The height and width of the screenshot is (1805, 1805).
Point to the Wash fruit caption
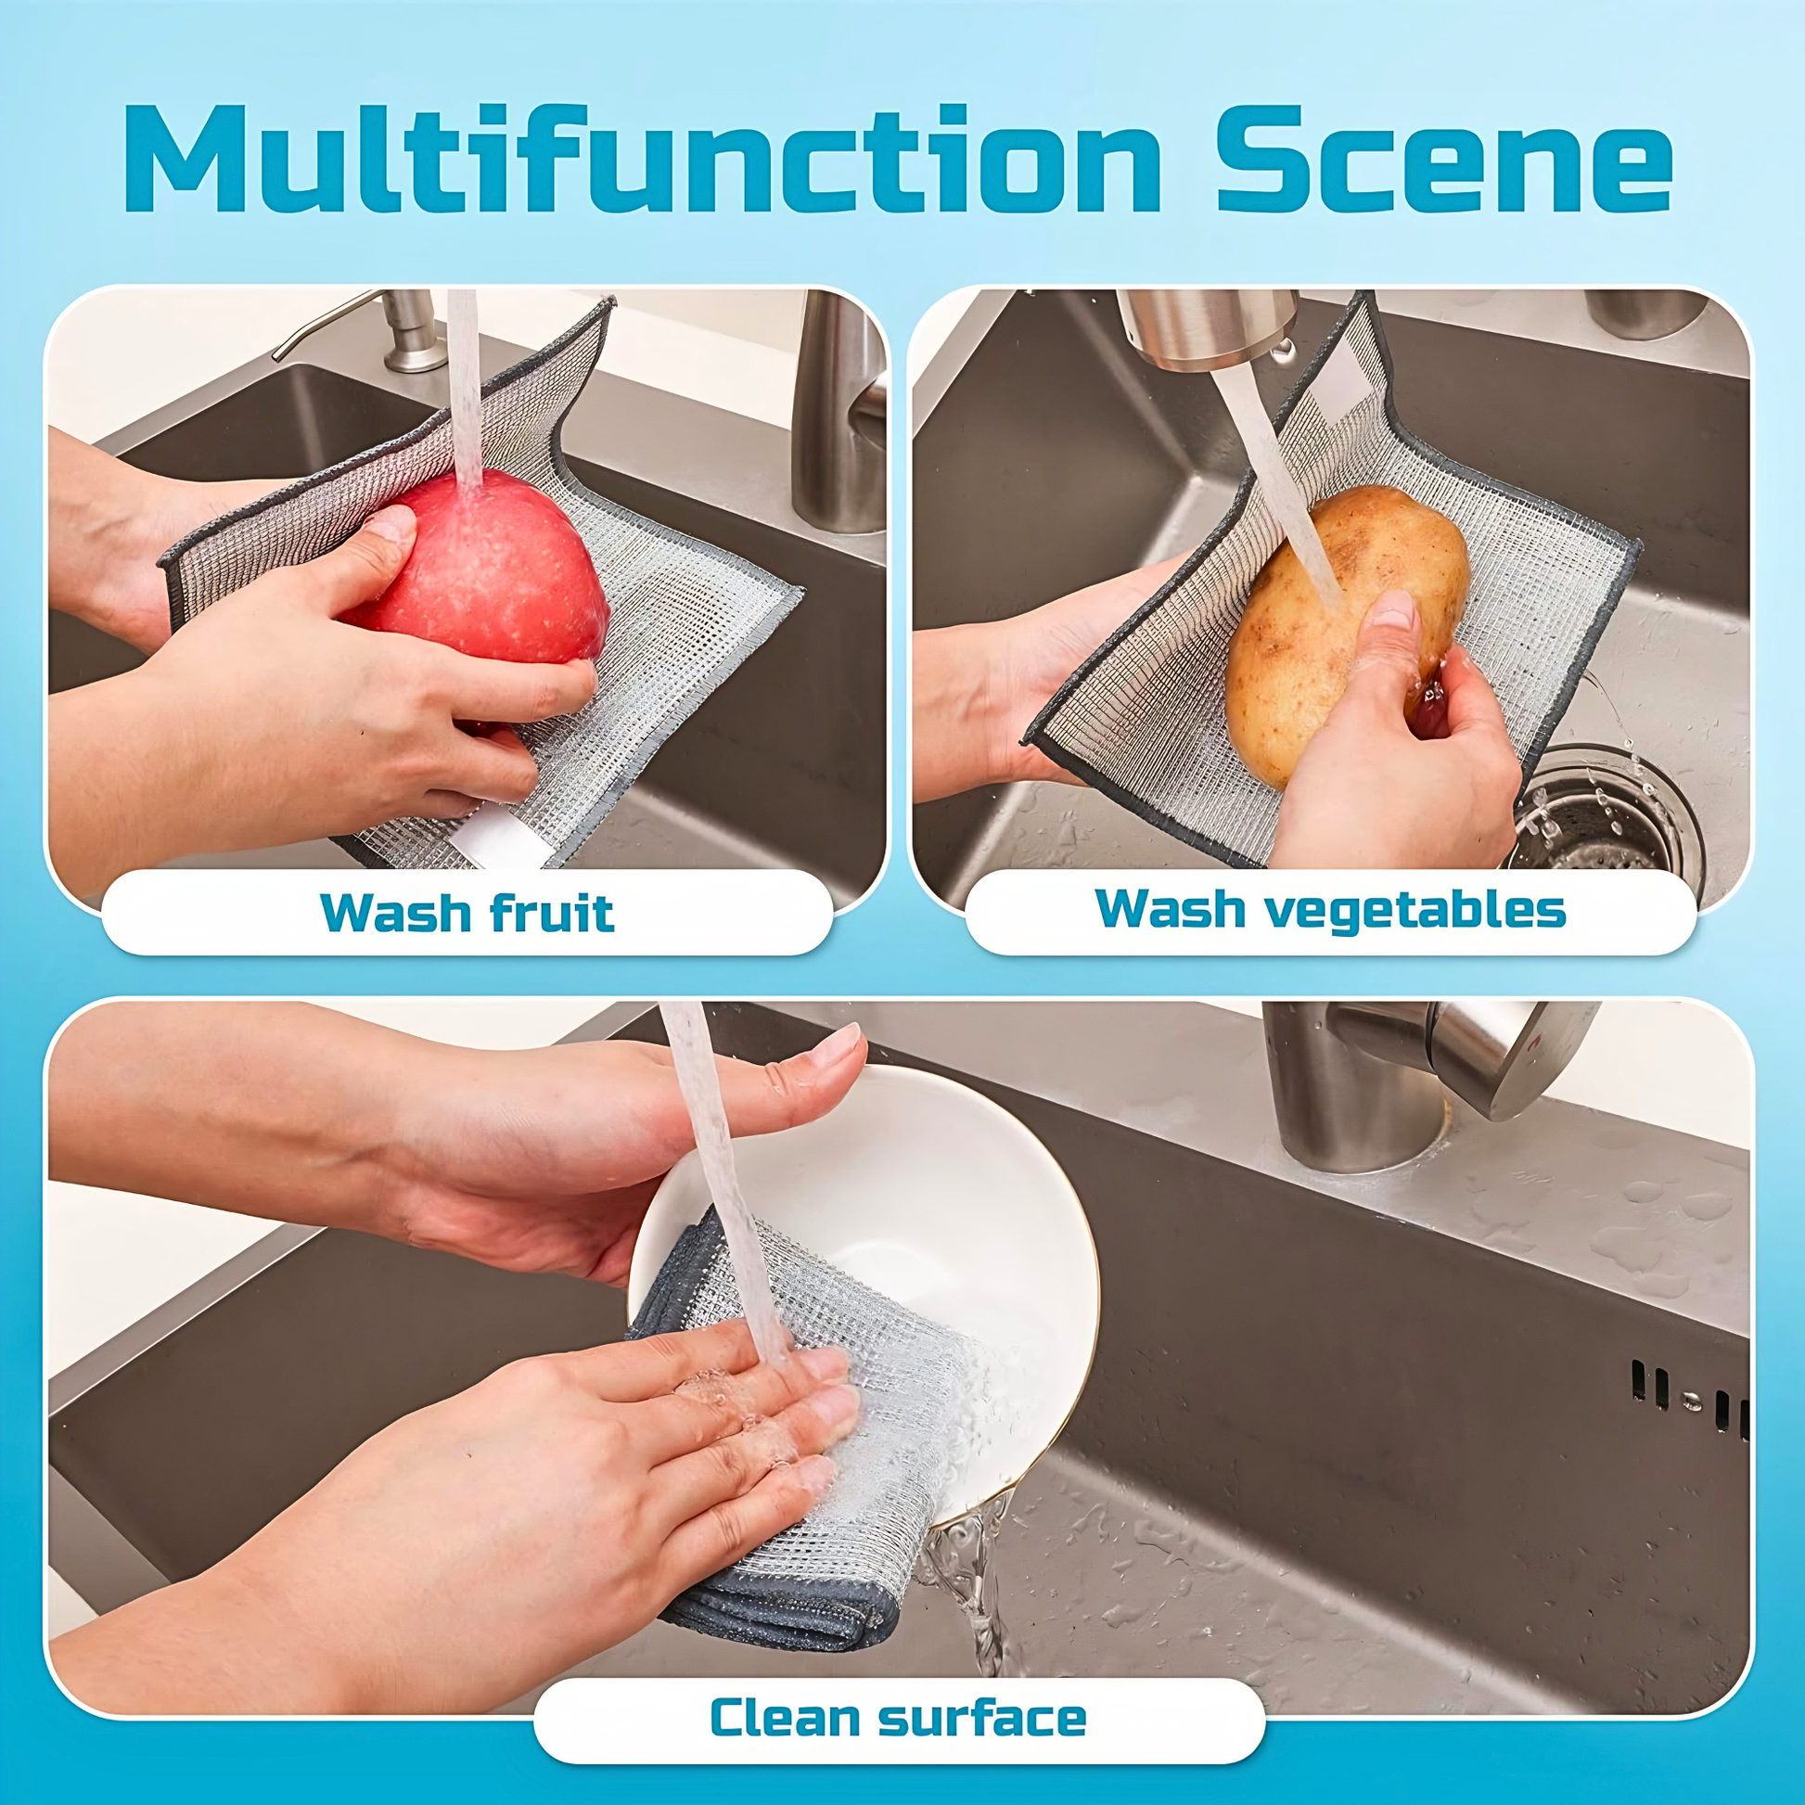point(467,913)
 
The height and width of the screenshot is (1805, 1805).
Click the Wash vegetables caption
point(1330,909)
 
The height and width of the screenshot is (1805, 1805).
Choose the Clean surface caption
point(898,1717)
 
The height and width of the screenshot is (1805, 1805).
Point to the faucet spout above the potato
point(1210,327)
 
